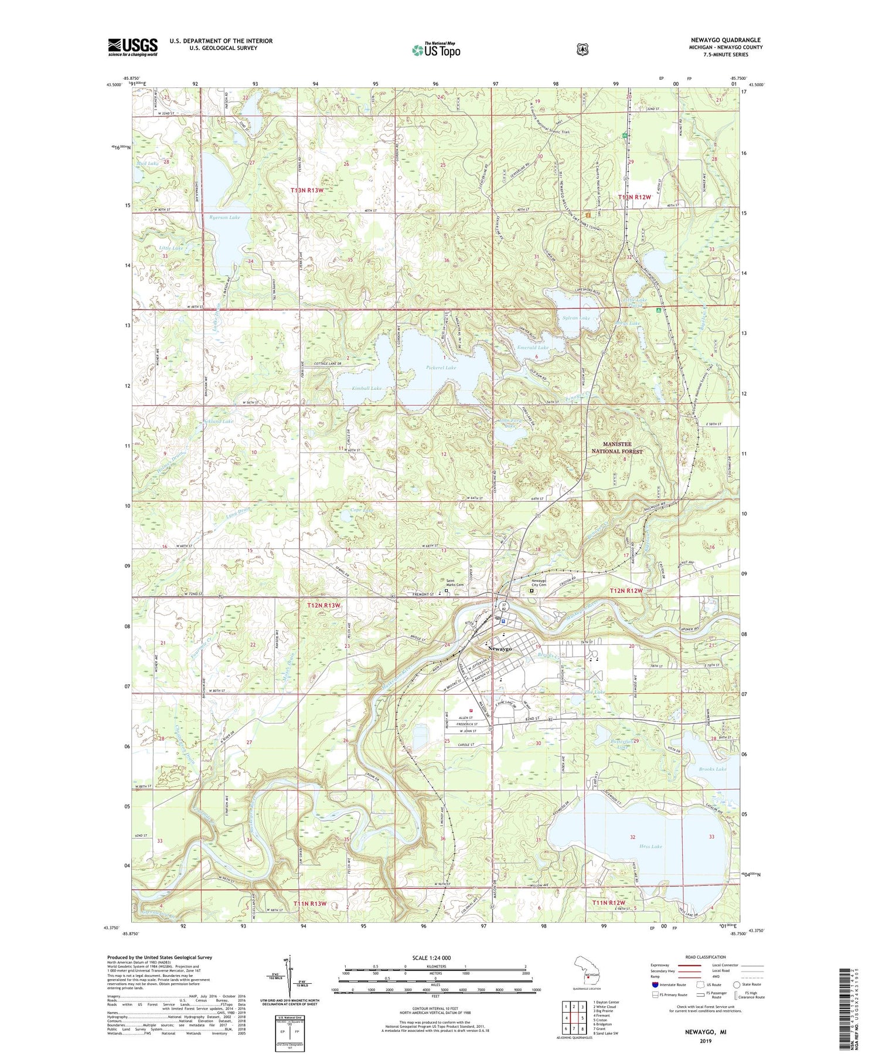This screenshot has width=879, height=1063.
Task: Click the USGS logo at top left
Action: [x=132, y=47]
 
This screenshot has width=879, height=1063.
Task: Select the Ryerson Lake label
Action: [x=224, y=218]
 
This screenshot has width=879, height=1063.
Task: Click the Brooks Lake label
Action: [x=713, y=769]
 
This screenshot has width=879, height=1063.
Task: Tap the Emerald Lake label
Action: [x=533, y=347]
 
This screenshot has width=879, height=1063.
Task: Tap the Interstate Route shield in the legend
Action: [x=655, y=985]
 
